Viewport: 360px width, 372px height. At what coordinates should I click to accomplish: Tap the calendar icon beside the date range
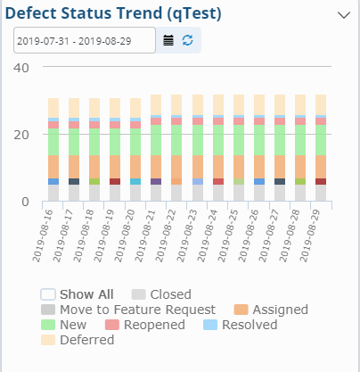click(x=169, y=40)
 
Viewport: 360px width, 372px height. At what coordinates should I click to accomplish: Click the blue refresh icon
click(x=187, y=40)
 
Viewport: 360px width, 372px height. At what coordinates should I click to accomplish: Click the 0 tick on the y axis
click(x=26, y=202)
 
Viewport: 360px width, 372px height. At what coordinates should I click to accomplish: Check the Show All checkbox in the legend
click(x=49, y=294)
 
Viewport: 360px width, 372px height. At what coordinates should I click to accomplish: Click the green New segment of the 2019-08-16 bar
click(x=53, y=141)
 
